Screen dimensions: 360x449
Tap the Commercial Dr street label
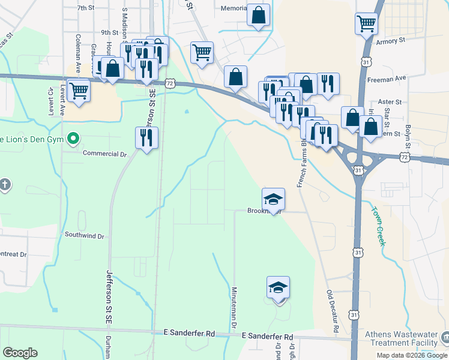tap(105, 154)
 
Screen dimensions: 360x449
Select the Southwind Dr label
tap(84, 236)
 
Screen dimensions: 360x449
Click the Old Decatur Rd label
tap(332, 311)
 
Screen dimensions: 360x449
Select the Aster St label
tap(390, 103)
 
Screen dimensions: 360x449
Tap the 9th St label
tap(109, 32)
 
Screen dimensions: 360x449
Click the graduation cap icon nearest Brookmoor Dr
tap(273, 200)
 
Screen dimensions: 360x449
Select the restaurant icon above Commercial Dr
tap(146, 139)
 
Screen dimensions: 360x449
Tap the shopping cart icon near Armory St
tap(366, 25)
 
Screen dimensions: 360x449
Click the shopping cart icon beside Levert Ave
tap(79, 91)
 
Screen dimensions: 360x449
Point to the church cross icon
tap(5, 184)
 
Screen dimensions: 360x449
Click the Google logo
tap(20, 353)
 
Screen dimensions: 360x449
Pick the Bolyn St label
tap(408, 137)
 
